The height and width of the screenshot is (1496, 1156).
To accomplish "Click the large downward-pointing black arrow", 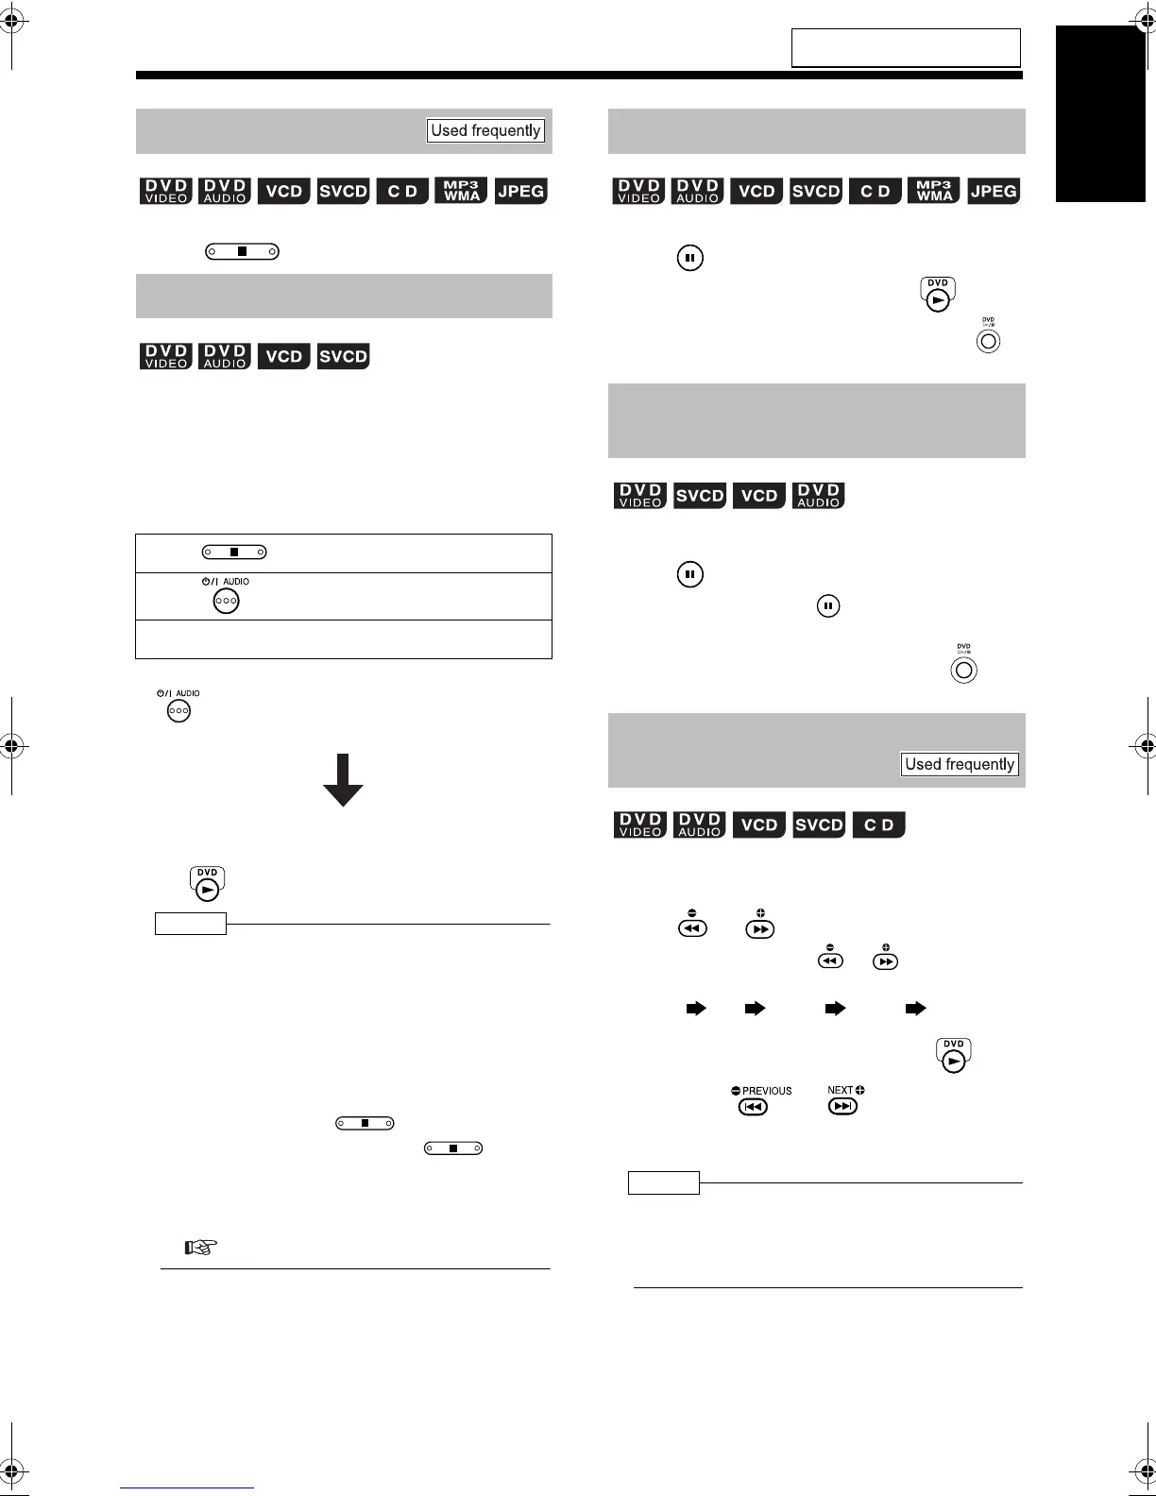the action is [x=343, y=780].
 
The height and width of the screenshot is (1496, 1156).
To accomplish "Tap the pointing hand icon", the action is [x=201, y=1247].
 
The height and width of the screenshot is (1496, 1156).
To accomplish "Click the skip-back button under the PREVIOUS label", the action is [x=753, y=1107].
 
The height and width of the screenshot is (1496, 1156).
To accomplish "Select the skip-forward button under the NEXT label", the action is [x=842, y=1107].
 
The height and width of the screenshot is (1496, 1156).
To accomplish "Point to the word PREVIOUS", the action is [x=767, y=1091].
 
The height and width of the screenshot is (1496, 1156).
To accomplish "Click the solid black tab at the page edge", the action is [x=1100, y=113].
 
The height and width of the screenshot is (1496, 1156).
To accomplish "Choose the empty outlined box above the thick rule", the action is [x=905, y=47].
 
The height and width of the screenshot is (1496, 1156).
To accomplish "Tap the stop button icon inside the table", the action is [x=234, y=552].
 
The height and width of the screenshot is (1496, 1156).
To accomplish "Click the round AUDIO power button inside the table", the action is [x=226, y=601].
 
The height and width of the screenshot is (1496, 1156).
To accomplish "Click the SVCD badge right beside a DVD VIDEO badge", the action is [x=700, y=495].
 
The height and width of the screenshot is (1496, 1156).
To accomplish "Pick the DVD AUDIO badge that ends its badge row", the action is [x=819, y=495].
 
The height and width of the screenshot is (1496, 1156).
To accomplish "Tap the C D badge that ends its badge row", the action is [x=878, y=824].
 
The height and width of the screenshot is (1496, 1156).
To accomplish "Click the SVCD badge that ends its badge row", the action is [x=343, y=356].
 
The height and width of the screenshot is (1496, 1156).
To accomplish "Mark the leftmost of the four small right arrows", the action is [x=696, y=1009].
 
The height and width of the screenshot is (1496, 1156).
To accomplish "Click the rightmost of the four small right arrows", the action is [x=915, y=1009].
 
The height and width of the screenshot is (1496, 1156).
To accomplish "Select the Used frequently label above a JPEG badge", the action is [x=485, y=130].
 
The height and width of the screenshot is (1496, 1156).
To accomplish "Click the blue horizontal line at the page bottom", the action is [x=187, y=1487].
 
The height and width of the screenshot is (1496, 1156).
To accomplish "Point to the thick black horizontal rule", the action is [x=579, y=76].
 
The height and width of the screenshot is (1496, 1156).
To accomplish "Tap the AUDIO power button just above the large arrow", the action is [x=178, y=710].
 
